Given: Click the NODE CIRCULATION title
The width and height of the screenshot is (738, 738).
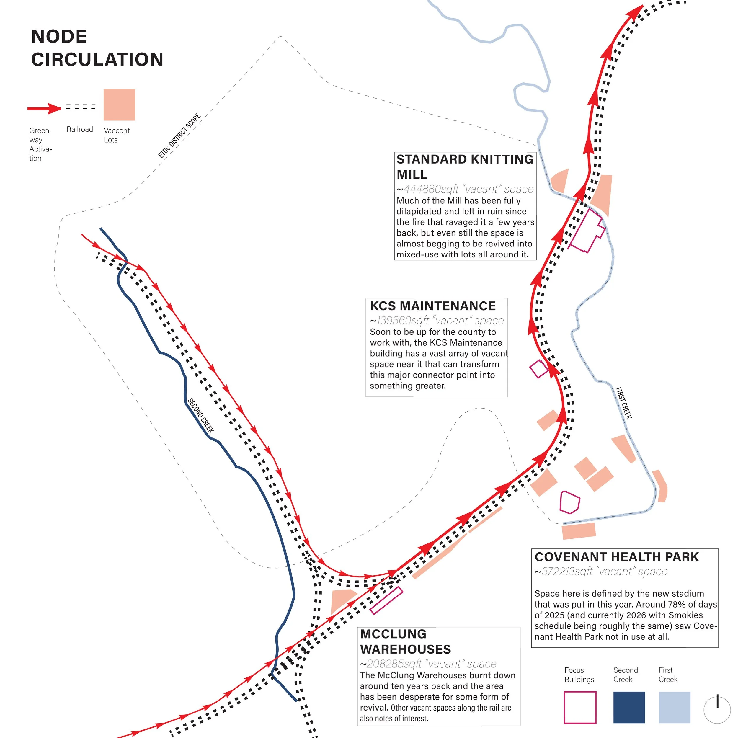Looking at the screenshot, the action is pos(97,48).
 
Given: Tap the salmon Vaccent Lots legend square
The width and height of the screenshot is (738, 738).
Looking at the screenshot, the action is pos(119,105).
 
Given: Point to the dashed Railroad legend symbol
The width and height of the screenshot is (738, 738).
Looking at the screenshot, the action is pos(81,107).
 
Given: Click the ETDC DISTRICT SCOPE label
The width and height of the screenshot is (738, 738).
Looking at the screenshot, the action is pos(179,135).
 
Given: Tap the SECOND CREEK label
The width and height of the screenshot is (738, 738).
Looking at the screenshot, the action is pos(200,415).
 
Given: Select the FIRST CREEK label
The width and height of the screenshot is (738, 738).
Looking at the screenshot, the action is pos(624,403).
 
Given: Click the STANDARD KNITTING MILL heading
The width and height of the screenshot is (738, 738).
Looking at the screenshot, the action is pos(464,166).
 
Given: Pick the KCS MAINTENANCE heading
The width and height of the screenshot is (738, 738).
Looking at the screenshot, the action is pos(432,306).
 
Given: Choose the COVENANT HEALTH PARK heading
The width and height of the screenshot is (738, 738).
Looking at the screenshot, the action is pos(617,557).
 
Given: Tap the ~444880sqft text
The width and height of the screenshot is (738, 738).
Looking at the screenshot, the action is pos(464,189).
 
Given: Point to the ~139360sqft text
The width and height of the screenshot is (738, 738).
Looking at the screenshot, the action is pos(436,321).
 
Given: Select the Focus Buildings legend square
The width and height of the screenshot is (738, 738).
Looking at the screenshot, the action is pos(580,707).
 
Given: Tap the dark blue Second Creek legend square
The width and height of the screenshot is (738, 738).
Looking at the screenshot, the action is pos(629,707).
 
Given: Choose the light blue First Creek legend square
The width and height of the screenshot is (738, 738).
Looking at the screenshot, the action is pos(674,707).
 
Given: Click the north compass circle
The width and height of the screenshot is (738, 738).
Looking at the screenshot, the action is pos(717,710).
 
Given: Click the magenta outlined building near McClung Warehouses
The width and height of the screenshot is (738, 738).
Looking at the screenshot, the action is pos(386,601).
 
